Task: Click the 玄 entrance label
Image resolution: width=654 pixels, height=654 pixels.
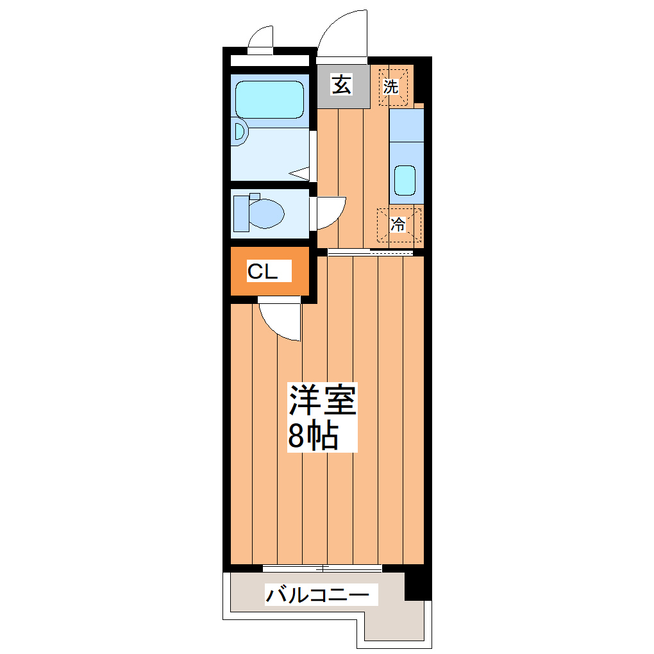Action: (x=342, y=85)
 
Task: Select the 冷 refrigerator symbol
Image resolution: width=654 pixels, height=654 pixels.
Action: (x=398, y=224)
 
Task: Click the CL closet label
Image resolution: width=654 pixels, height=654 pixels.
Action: (x=263, y=272)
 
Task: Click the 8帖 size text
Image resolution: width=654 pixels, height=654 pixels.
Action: (x=313, y=436)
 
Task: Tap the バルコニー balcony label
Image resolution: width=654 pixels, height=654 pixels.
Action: (x=318, y=596)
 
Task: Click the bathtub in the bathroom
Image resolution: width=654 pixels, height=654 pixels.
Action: (x=269, y=99)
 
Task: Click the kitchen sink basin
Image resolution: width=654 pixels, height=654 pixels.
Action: (x=405, y=180)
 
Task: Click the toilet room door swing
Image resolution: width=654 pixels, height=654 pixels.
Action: (x=330, y=212)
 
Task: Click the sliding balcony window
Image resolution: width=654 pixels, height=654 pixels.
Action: (x=323, y=568)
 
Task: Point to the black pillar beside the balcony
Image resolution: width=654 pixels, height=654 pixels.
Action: (x=417, y=583)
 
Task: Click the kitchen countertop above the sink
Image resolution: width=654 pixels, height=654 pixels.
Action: (x=407, y=125)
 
